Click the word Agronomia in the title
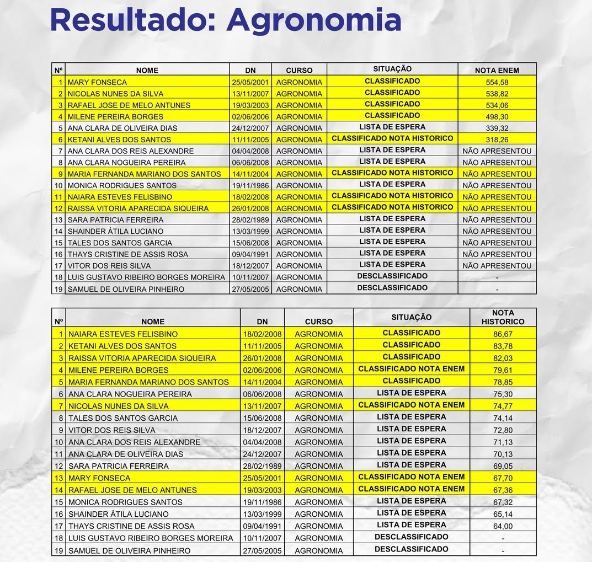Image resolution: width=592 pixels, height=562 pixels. tap(313, 21)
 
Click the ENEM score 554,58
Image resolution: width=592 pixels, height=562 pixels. tap(497, 82)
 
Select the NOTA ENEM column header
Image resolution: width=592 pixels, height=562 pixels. tap(497, 70)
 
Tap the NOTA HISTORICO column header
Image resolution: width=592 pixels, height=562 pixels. tap(503, 317)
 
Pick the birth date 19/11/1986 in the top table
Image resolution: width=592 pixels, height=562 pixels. tap(250, 185)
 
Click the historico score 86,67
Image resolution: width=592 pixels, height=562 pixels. tap(503, 334)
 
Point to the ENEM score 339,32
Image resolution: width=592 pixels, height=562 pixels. tap(497, 128)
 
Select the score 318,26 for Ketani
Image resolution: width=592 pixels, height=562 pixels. tap(497, 140)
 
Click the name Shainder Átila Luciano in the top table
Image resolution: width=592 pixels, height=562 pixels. tap(115, 231)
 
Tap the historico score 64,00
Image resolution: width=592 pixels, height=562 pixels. tap(503, 526)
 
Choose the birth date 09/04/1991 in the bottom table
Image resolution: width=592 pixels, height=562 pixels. tap(262, 526)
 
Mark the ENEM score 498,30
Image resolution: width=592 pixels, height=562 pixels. tap(497, 116)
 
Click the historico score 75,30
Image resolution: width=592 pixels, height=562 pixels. tap(503, 394)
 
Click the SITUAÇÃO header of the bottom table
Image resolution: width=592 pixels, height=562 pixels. tap(412, 318)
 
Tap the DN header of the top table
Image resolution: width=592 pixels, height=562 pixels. tap(250, 70)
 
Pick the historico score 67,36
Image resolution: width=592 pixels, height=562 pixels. tap(503, 490)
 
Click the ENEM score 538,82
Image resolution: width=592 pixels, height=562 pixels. tap(497, 94)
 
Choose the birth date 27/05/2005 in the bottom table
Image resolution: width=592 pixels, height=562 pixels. tap(262, 550)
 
